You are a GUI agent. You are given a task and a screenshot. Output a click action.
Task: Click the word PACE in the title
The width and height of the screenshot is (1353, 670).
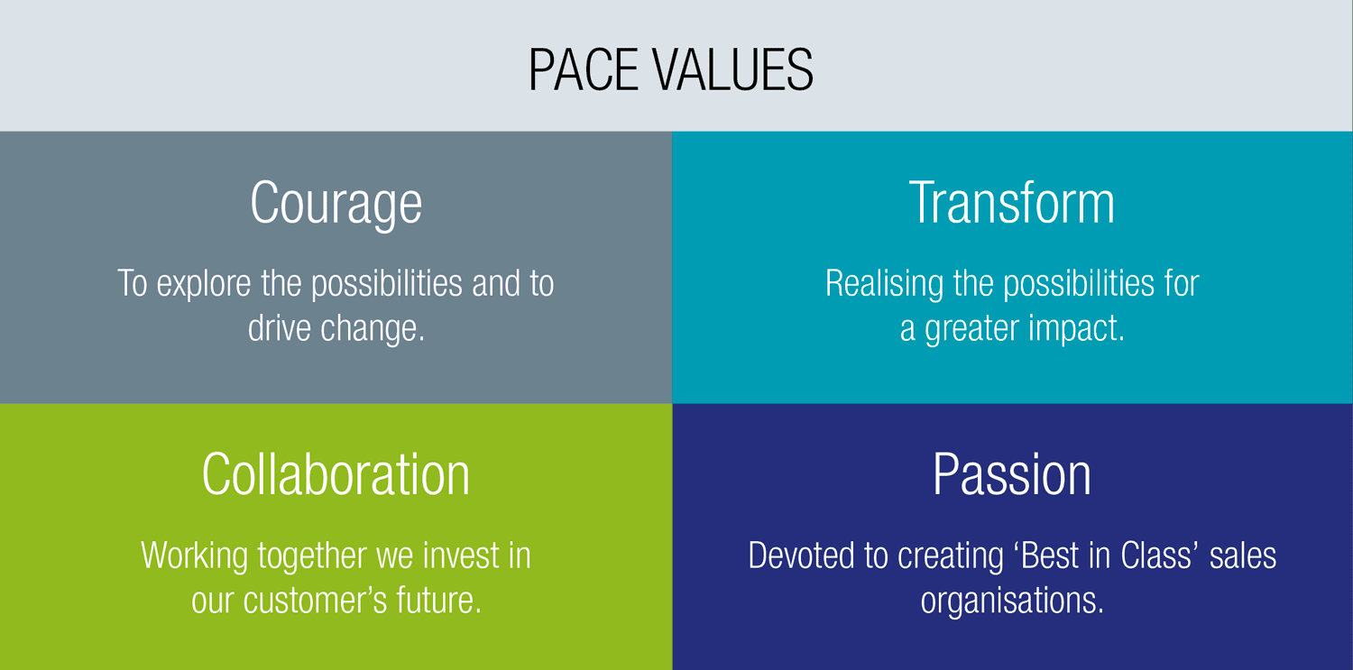pyautogui.click(x=584, y=69)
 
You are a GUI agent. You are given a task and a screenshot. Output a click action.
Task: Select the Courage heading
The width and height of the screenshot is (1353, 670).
pyautogui.click(x=336, y=205)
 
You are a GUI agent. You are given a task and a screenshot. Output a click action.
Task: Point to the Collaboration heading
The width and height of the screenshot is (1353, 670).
pyautogui.click(x=336, y=474)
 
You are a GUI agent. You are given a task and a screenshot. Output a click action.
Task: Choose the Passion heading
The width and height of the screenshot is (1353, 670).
pyautogui.click(x=1012, y=474)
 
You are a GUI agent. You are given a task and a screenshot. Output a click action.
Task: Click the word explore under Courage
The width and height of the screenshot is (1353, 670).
pyautogui.click(x=204, y=284)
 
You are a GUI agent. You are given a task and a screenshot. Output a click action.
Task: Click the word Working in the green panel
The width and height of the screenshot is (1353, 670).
pyautogui.click(x=194, y=555)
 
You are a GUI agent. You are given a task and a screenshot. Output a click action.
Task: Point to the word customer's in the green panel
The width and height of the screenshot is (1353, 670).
pyautogui.click(x=315, y=601)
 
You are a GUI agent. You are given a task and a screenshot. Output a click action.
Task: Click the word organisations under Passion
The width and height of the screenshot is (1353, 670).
pyautogui.click(x=1012, y=601)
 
